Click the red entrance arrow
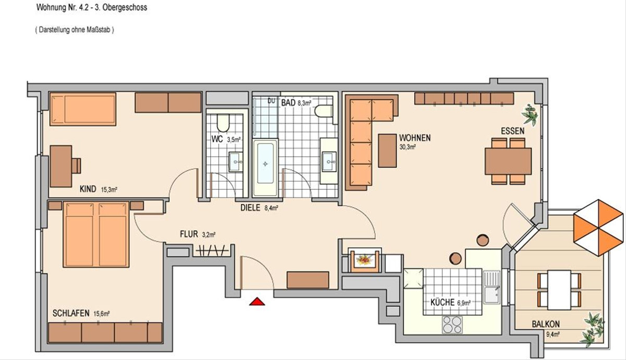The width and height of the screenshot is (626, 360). (x=257, y=302)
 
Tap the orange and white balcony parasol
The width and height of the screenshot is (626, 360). (x=598, y=228)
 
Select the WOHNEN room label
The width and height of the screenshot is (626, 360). (x=415, y=138)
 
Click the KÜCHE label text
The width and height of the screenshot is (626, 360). (x=442, y=303)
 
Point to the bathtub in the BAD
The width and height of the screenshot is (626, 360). (x=265, y=167)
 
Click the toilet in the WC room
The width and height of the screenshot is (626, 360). (x=223, y=123)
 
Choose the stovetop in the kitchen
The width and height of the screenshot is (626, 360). (x=452, y=325)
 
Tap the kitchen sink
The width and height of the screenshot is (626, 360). (x=492, y=287)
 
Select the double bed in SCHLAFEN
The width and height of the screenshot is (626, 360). (x=96, y=234)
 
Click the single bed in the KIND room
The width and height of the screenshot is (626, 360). (x=83, y=109)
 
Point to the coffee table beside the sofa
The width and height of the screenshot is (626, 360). (x=387, y=151)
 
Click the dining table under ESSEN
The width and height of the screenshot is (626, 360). (x=508, y=161)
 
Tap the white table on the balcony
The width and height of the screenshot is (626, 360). (x=559, y=290)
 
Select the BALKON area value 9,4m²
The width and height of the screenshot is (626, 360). (x=553, y=334)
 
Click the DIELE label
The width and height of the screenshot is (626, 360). (x=250, y=208)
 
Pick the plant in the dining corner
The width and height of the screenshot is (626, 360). (x=530, y=114)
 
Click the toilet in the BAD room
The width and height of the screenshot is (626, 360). (x=323, y=111)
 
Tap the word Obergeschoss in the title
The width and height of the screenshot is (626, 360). (x=125, y=7)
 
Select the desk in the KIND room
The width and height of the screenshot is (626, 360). (x=61, y=166)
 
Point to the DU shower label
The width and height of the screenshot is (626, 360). (x=271, y=101)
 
